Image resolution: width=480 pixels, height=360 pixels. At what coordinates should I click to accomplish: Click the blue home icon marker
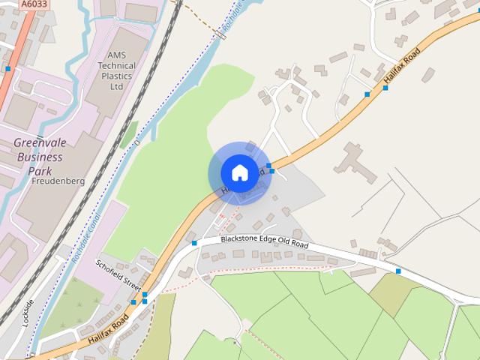239,172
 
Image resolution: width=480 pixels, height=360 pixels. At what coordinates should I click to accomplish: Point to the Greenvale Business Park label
44,156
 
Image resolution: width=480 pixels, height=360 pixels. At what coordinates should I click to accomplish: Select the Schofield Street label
118,275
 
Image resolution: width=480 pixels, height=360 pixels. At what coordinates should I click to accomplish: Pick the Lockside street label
28,311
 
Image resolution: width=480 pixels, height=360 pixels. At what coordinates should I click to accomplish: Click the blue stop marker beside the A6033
7,69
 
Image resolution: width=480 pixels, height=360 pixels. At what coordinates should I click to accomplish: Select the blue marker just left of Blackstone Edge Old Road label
194,243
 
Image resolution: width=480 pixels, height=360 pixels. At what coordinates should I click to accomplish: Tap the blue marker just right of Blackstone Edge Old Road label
353,243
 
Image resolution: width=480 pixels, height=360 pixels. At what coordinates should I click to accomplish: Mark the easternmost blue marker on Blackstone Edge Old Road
398,271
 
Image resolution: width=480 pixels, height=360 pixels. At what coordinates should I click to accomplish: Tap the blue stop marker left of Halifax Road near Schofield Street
133,302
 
